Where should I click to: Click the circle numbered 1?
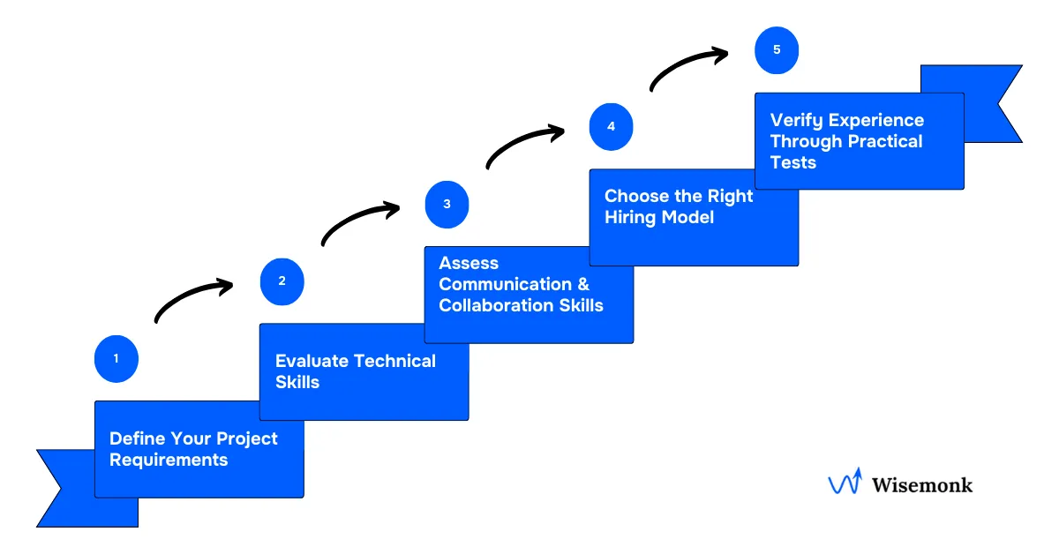tap(116, 359)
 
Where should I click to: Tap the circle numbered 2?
tap(282, 281)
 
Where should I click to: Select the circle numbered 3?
tap(447, 205)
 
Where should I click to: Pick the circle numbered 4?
tap(611, 126)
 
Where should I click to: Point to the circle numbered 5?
tap(777, 50)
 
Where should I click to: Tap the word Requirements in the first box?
tap(169, 460)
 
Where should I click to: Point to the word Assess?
tap(469, 263)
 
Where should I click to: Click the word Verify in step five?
tap(797, 120)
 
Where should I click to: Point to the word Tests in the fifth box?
tap(793, 162)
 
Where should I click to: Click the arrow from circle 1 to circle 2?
tap(192, 298)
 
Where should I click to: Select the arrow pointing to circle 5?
tap(688, 66)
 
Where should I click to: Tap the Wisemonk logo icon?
tap(845, 483)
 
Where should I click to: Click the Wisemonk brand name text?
tap(922, 484)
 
